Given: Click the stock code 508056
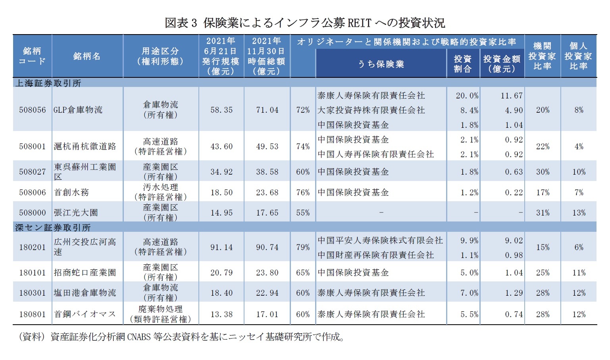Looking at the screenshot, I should click(x=32, y=110).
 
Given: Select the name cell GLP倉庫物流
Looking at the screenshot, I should click(x=78, y=110).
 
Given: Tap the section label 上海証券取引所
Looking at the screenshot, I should click(x=48, y=83).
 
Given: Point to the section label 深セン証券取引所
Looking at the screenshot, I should click(x=53, y=227).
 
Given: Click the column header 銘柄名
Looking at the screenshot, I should click(x=87, y=56).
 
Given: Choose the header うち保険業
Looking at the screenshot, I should click(x=381, y=64).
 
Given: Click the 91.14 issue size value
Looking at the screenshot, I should click(x=221, y=247).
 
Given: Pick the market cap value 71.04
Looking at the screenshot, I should click(x=267, y=110).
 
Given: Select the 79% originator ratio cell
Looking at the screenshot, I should click(x=303, y=247).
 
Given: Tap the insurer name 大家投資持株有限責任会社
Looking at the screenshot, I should click(x=371, y=110).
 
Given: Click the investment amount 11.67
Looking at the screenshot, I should click(x=512, y=96).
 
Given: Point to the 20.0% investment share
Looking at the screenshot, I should click(x=467, y=96).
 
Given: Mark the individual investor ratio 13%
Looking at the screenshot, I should click(x=579, y=213).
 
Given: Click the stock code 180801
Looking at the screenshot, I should click(x=32, y=314).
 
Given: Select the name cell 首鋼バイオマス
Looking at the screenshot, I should click(x=85, y=314).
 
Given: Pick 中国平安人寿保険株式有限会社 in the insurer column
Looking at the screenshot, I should click(x=380, y=241).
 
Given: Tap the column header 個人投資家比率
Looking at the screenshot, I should click(x=578, y=56).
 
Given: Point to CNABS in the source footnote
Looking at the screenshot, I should click(x=139, y=337).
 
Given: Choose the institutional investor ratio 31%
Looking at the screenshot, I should click(x=543, y=213).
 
